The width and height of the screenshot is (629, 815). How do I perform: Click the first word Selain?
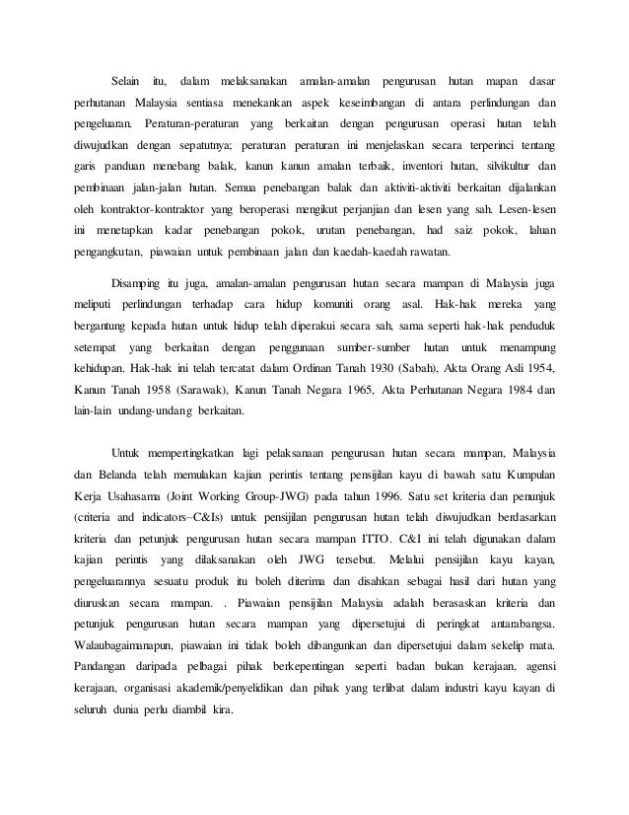126,78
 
